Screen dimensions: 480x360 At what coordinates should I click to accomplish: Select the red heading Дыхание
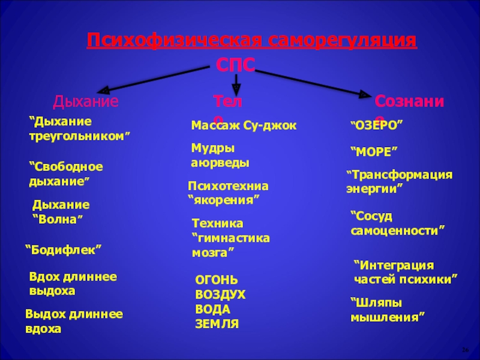86,101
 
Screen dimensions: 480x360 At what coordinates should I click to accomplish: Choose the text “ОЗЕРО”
376,126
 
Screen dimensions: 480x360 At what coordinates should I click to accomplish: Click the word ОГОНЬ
217,280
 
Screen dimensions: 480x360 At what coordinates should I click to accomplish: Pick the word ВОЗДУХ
220,295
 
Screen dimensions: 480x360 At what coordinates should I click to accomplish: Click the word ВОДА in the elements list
212,309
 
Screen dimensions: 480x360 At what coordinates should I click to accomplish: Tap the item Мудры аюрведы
220,155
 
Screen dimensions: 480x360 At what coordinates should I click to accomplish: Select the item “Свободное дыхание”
67,173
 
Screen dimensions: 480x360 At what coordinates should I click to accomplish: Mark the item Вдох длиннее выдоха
73,283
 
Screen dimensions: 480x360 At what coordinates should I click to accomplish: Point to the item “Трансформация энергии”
399,181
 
